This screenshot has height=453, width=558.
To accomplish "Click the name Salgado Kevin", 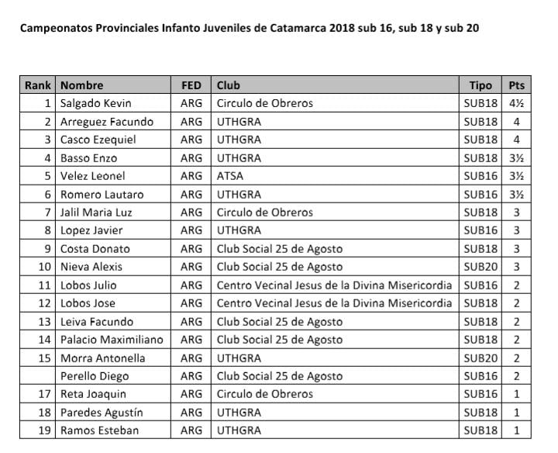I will click(x=96, y=103).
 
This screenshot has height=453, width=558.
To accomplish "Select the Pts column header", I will click(x=516, y=85).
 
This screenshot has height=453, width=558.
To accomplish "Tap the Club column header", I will click(x=229, y=85).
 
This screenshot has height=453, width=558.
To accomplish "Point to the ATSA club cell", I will click(x=231, y=176).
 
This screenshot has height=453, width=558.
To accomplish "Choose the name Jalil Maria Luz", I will click(x=102, y=213).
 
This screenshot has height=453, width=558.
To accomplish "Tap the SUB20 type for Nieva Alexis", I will click(x=480, y=267).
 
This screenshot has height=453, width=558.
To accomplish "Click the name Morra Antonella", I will click(x=103, y=358).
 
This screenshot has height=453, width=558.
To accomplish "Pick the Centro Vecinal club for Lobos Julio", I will click(x=334, y=285).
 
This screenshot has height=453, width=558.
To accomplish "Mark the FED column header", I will click(x=191, y=85).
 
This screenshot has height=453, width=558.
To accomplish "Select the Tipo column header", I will click(x=480, y=85).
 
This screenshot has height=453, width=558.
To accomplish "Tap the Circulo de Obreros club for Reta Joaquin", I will click(x=265, y=394).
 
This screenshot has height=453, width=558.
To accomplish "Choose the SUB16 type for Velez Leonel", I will click(x=480, y=176).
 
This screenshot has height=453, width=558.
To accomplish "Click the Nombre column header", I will click(x=82, y=85).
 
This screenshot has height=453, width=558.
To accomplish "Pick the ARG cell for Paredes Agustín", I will click(x=191, y=413).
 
